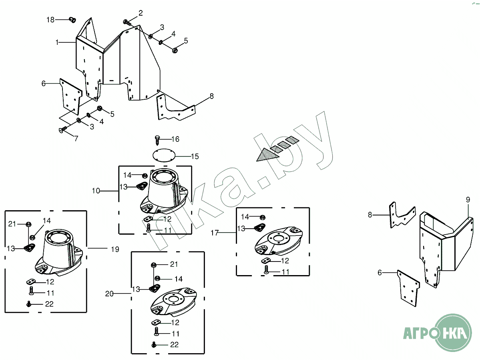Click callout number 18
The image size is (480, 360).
coord(50,19)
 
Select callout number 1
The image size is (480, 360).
coord(58,42)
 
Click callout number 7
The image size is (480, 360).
coord(75,139)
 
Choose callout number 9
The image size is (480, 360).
coord(468,199)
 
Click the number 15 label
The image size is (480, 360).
coord(195,156)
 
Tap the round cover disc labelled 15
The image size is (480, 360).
coord(164,155)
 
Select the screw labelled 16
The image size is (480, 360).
coord(158,140)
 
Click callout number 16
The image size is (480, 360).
coord(175,139)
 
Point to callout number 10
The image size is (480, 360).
coord(96,191)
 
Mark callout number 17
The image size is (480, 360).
coord(215,233)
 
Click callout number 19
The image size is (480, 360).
coord(115,249)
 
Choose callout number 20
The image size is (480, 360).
coord(110,294)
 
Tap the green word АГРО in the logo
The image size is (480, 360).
coord(419,333)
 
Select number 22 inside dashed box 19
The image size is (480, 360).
coord(49,304)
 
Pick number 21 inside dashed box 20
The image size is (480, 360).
coord(174,264)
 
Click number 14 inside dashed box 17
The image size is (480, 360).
coord(245,217)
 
